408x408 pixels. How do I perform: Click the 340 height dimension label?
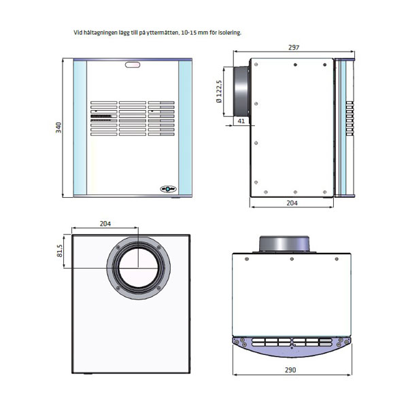tap(59, 127)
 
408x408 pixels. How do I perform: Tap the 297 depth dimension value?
tap(294, 48)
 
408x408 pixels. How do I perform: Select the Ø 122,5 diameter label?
tap(219, 93)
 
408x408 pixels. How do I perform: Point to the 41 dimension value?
tap(241, 121)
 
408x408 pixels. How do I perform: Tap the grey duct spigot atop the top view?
tap(285, 243)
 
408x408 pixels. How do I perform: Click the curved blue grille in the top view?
tap(292, 345)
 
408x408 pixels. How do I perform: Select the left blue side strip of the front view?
tap(78, 127)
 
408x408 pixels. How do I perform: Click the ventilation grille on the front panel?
tap(133, 120)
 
